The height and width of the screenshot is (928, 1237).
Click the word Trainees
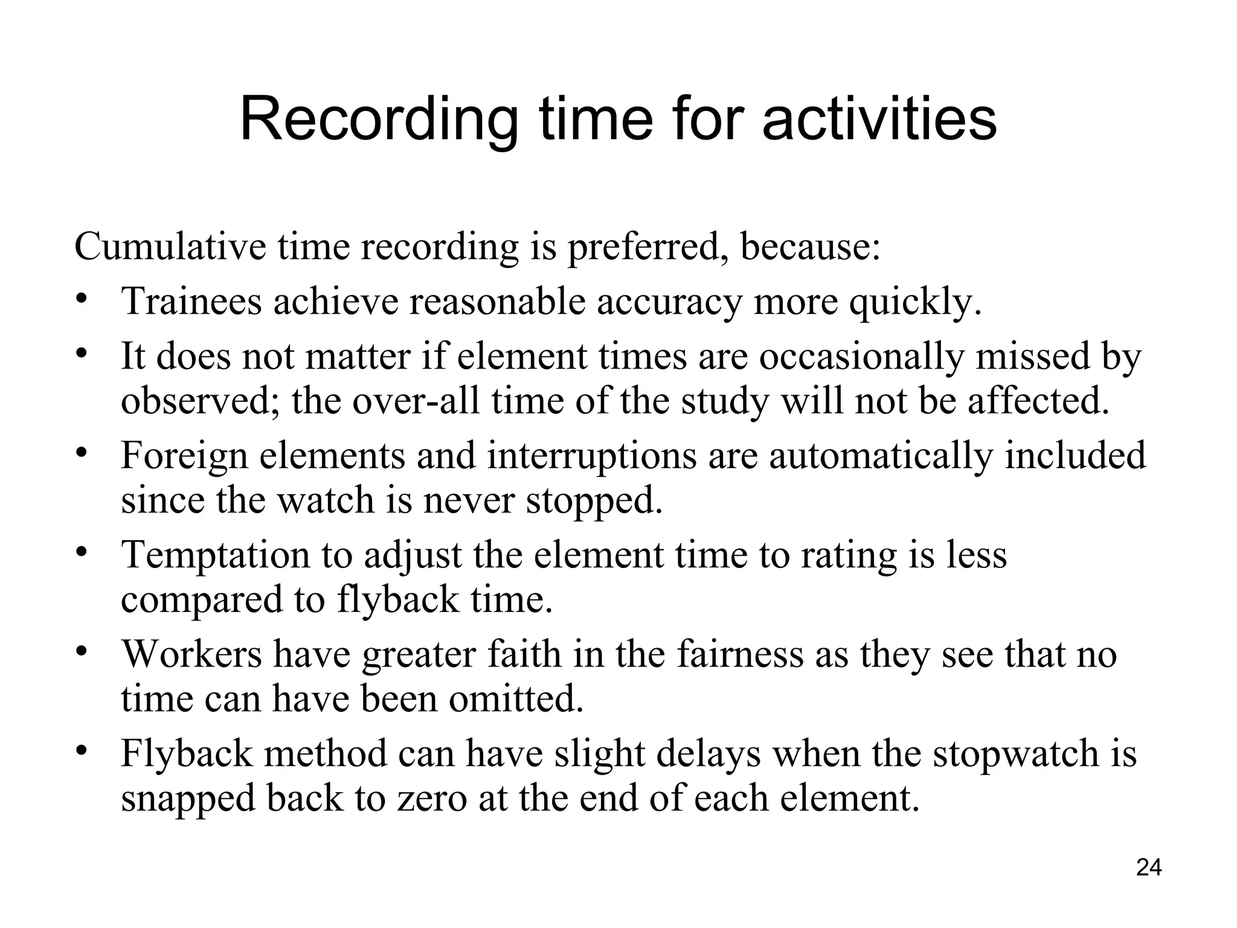pyautogui.click(x=192, y=301)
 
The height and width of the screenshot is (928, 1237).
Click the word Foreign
pyautogui.click(x=185, y=456)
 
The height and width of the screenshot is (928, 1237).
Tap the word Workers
pyautogui.click(x=192, y=654)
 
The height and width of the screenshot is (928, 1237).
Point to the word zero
pyautogui.click(x=432, y=799)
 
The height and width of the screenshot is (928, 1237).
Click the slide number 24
pyautogui.click(x=1149, y=868)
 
